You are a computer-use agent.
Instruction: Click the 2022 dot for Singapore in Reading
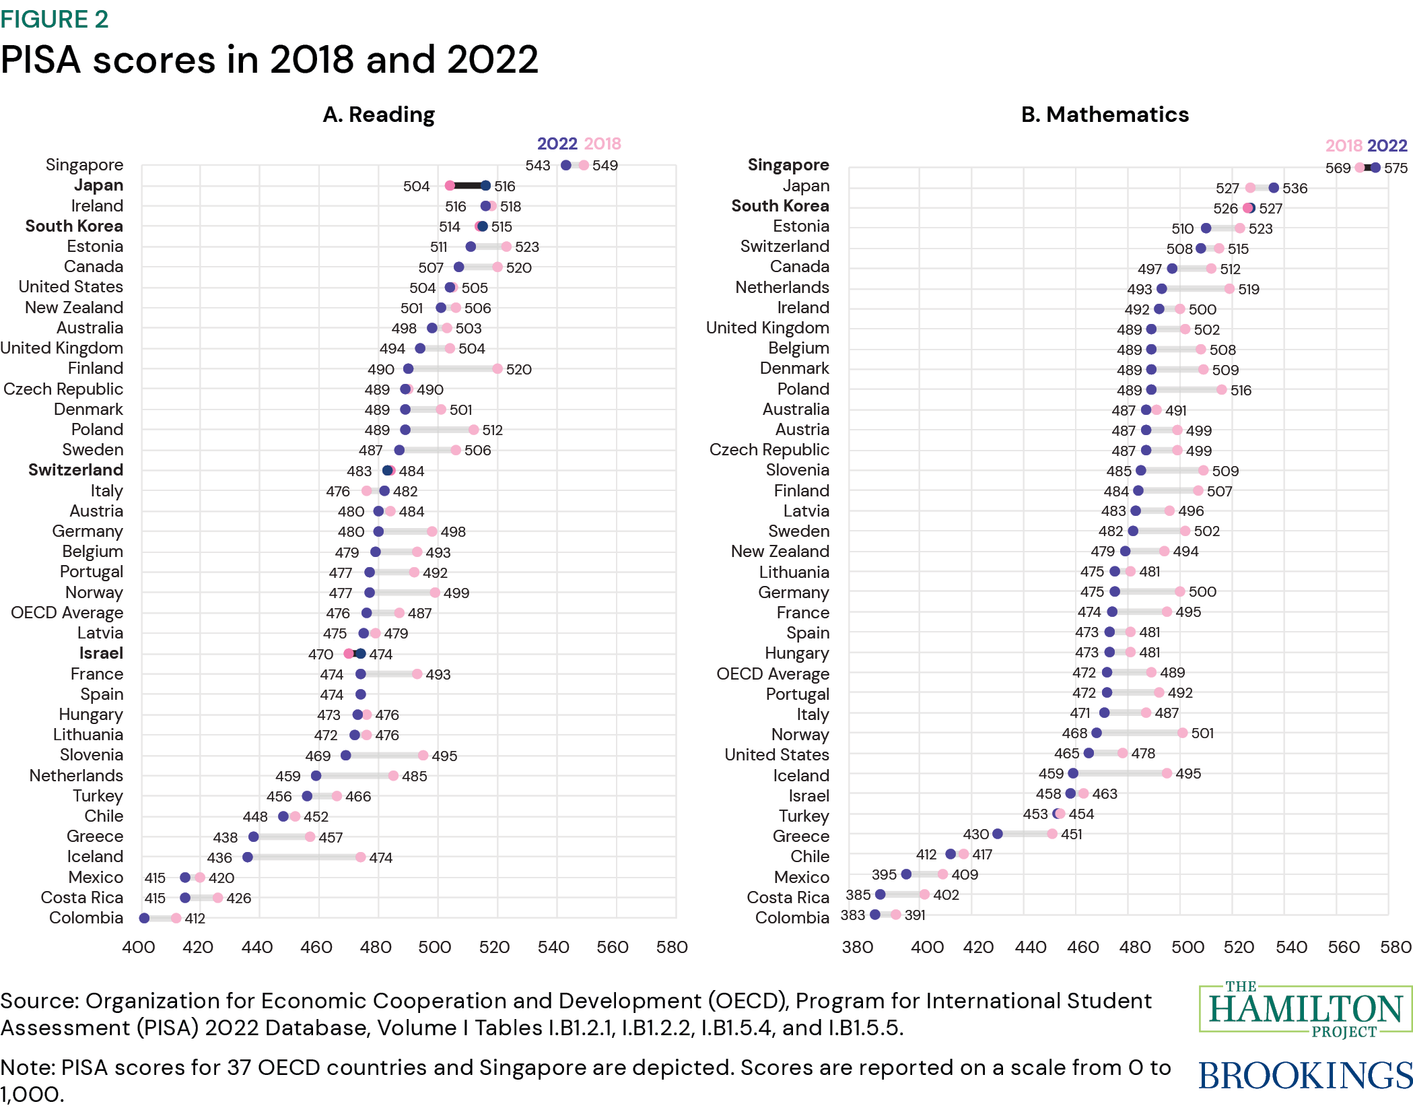pyautogui.click(x=566, y=165)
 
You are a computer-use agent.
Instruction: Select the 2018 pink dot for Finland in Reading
pyautogui.click(x=497, y=368)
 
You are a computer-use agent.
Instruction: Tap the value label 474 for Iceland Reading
pyautogui.click(x=380, y=857)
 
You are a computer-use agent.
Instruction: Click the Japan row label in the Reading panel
pyautogui.click(x=98, y=185)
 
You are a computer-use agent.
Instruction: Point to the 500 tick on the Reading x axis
pyautogui.click(x=435, y=947)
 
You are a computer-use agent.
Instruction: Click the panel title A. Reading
pyautogui.click(x=378, y=114)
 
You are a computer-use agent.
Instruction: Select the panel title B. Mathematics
pyautogui.click(x=1105, y=114)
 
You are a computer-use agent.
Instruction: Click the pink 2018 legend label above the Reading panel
pyautogui.click(x=602, y=143)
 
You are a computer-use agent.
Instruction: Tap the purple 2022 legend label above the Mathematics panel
pyautogui.click(x=1387, y=145)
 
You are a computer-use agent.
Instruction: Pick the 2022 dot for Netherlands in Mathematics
pyautogui.click(x=1162, y=289)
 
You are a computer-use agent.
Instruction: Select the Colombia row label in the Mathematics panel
pyautogui.click(x=792, y=917)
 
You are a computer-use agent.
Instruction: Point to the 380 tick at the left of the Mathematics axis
pyautogui.click(x=858, y=947)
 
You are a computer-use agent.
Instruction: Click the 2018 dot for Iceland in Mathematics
pyautogui.click(x=1167, y=773)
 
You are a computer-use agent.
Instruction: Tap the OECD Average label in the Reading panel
pyautogui.click(x=67, y=613)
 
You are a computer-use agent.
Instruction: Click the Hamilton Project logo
pyautogui.click(x=1305, y=1010)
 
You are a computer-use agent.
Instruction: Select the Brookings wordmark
pyautogui.click(x=1305, y=1076)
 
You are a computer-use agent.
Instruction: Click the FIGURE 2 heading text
pyautogui.click(x=55, y=19)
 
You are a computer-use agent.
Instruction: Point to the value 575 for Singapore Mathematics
pyautogui.click(x=1395, y=168)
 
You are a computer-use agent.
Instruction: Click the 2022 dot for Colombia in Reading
pyautogui.click(x=144, y=918)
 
